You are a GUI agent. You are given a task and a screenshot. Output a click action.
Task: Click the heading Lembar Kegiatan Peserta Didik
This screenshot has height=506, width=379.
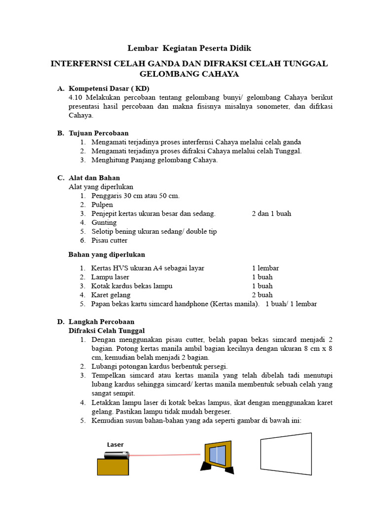(189, 48)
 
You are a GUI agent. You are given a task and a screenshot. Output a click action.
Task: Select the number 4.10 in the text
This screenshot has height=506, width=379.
(76, 97)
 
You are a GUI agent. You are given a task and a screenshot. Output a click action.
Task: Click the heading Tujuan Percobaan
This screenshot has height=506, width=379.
(98, 133)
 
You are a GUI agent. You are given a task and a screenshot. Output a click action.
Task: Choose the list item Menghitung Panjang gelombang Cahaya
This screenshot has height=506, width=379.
(154, 160)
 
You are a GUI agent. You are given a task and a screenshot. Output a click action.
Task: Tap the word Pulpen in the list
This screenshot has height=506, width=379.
(102, 205)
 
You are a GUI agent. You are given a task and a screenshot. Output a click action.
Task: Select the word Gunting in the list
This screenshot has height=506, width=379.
(104, 222)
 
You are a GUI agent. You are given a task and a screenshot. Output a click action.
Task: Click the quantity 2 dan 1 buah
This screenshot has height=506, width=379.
(271, 213)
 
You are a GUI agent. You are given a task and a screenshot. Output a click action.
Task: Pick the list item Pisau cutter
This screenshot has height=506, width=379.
(109, 240)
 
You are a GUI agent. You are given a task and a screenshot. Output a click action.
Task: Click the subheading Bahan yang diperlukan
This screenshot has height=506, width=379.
(107, 254)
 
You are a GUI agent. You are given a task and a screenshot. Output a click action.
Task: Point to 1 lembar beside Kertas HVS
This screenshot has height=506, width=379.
(265, 268)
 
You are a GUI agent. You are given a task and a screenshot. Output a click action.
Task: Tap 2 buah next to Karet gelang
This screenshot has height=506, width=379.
(262, 295)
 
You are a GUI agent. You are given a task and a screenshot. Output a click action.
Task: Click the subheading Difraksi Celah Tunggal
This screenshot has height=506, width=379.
(106, 331)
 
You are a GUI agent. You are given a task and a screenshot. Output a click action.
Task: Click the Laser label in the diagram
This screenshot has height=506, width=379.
(115, 445)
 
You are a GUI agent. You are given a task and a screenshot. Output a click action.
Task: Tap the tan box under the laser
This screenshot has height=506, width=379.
(113, 467)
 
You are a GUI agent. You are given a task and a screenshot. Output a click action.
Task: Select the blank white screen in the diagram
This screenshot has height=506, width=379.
(286, 454)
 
